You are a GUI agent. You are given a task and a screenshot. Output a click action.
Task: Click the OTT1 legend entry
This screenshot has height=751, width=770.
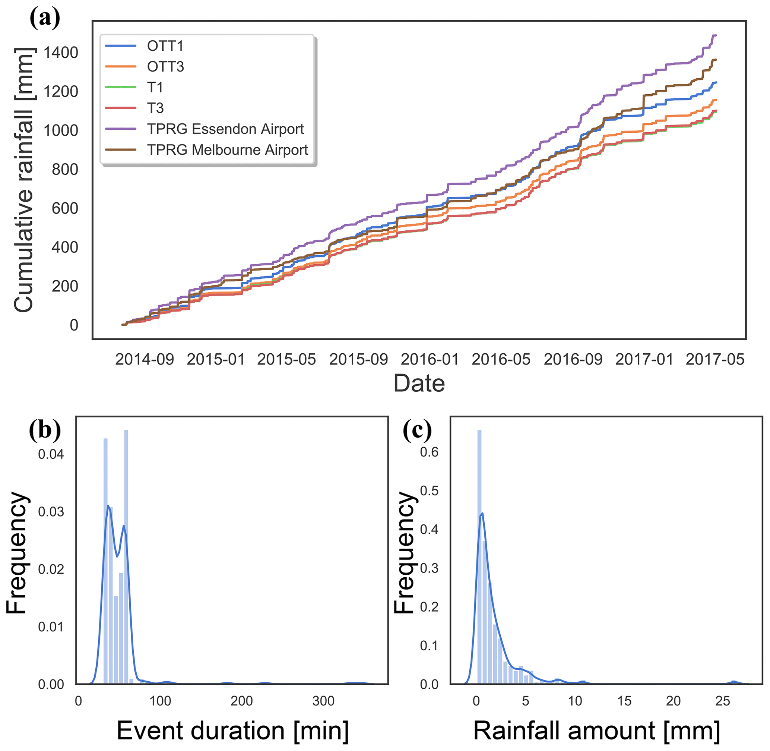tap(165, 46)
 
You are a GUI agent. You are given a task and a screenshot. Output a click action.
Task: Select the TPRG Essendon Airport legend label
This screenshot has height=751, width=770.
tap(225, 129)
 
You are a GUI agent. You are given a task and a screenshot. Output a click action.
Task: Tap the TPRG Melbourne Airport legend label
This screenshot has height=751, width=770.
tap(228, 150)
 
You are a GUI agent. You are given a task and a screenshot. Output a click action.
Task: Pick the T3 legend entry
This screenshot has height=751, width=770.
tap(155, 108)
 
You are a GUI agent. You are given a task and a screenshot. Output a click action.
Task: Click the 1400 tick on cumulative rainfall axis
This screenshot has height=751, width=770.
tap(61, 53)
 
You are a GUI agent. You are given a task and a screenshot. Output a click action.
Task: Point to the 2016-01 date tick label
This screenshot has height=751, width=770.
tap(430, 359)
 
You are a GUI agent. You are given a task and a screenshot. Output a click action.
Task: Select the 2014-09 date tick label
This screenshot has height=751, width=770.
tap(144, 359)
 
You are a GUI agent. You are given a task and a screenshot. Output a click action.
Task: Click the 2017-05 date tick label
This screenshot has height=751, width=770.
tap(715, 359)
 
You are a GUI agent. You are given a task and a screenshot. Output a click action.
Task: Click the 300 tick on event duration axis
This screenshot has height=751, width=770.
tap(323, 701)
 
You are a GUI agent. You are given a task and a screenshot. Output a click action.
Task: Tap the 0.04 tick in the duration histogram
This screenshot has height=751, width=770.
tap(51, 454)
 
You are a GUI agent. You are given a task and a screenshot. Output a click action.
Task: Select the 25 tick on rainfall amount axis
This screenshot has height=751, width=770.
tap(723, 701)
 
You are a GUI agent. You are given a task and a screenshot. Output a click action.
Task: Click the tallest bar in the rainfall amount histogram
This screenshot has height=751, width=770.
tap(479, 556)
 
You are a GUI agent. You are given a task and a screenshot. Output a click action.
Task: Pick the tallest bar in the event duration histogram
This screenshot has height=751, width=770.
tap(126, 556)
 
